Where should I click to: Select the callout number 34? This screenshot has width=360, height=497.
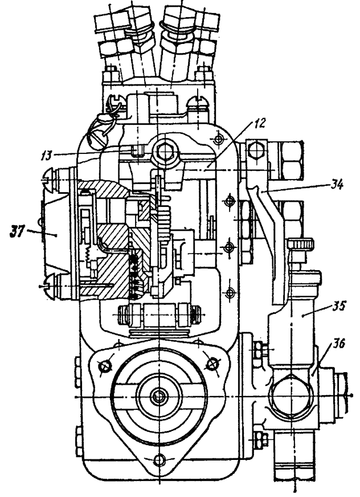click(x=336, y=185)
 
